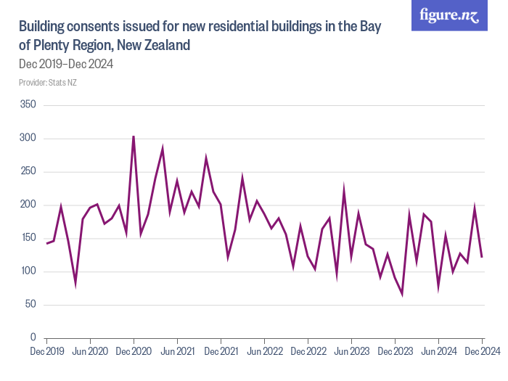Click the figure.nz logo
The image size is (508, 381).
pyautogui.click(x=450, y=16)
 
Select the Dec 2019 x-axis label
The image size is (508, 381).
pyautogui.click(x=46, y=351)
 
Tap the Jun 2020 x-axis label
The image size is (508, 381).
pyautogui.click(x=90, y=351)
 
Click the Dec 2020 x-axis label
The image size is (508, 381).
pyautogui.click(x=134, y=351)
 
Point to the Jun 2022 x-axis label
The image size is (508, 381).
pyautogui.click(x=264, y=351)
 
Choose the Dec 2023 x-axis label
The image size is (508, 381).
pyautogui.click(x=395, y=351)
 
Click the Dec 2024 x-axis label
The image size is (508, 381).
pyautogui.click(x=482, y=351)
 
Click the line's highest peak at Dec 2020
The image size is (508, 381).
pyautogui.click(x=134, y=136)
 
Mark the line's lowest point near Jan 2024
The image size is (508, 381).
pyautogui.click(x=402, y=294)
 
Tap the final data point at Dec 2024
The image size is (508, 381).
pyautogui.click(x=482, y=256)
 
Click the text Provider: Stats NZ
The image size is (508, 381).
pyautogui.click(x=48, y=83)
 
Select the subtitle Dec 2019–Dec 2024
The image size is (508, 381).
pyautogui.click(x=65, y=64)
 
